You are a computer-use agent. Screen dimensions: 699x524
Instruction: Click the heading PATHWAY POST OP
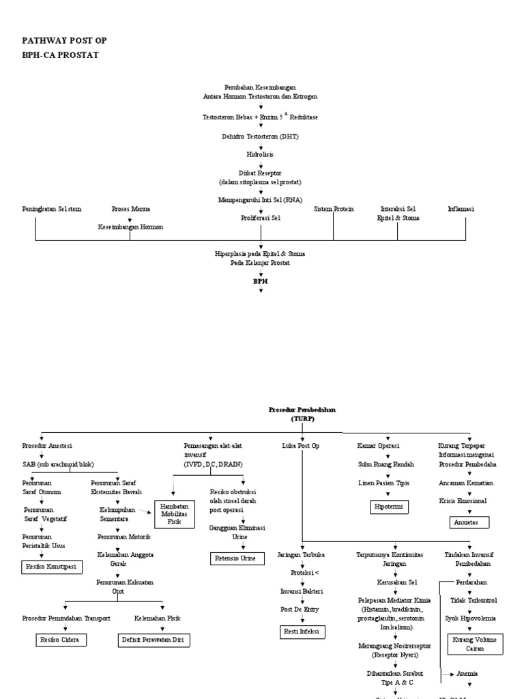click(65, 41)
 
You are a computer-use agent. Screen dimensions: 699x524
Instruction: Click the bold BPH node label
click(261, 281)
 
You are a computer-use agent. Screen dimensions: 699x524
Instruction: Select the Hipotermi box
click(390, 507)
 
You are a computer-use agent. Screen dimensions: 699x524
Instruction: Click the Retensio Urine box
click(233, 558)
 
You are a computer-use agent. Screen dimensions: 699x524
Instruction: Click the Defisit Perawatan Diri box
click(151, 640)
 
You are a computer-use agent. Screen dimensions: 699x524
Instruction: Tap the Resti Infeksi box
click(300, 632)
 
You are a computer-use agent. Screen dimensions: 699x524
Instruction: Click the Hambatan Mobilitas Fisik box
click(175, 513)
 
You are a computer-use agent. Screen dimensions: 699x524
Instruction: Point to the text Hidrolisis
click(261, 155)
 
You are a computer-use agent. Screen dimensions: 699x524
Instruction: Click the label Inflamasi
click(461, 209)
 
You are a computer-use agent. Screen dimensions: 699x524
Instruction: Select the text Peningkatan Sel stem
click(52, 209)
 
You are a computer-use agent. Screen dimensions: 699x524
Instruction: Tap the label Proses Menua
click(131, 209)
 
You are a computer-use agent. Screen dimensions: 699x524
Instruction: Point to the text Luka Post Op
click(300, 446)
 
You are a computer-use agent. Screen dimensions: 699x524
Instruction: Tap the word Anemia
click(468, 673)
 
